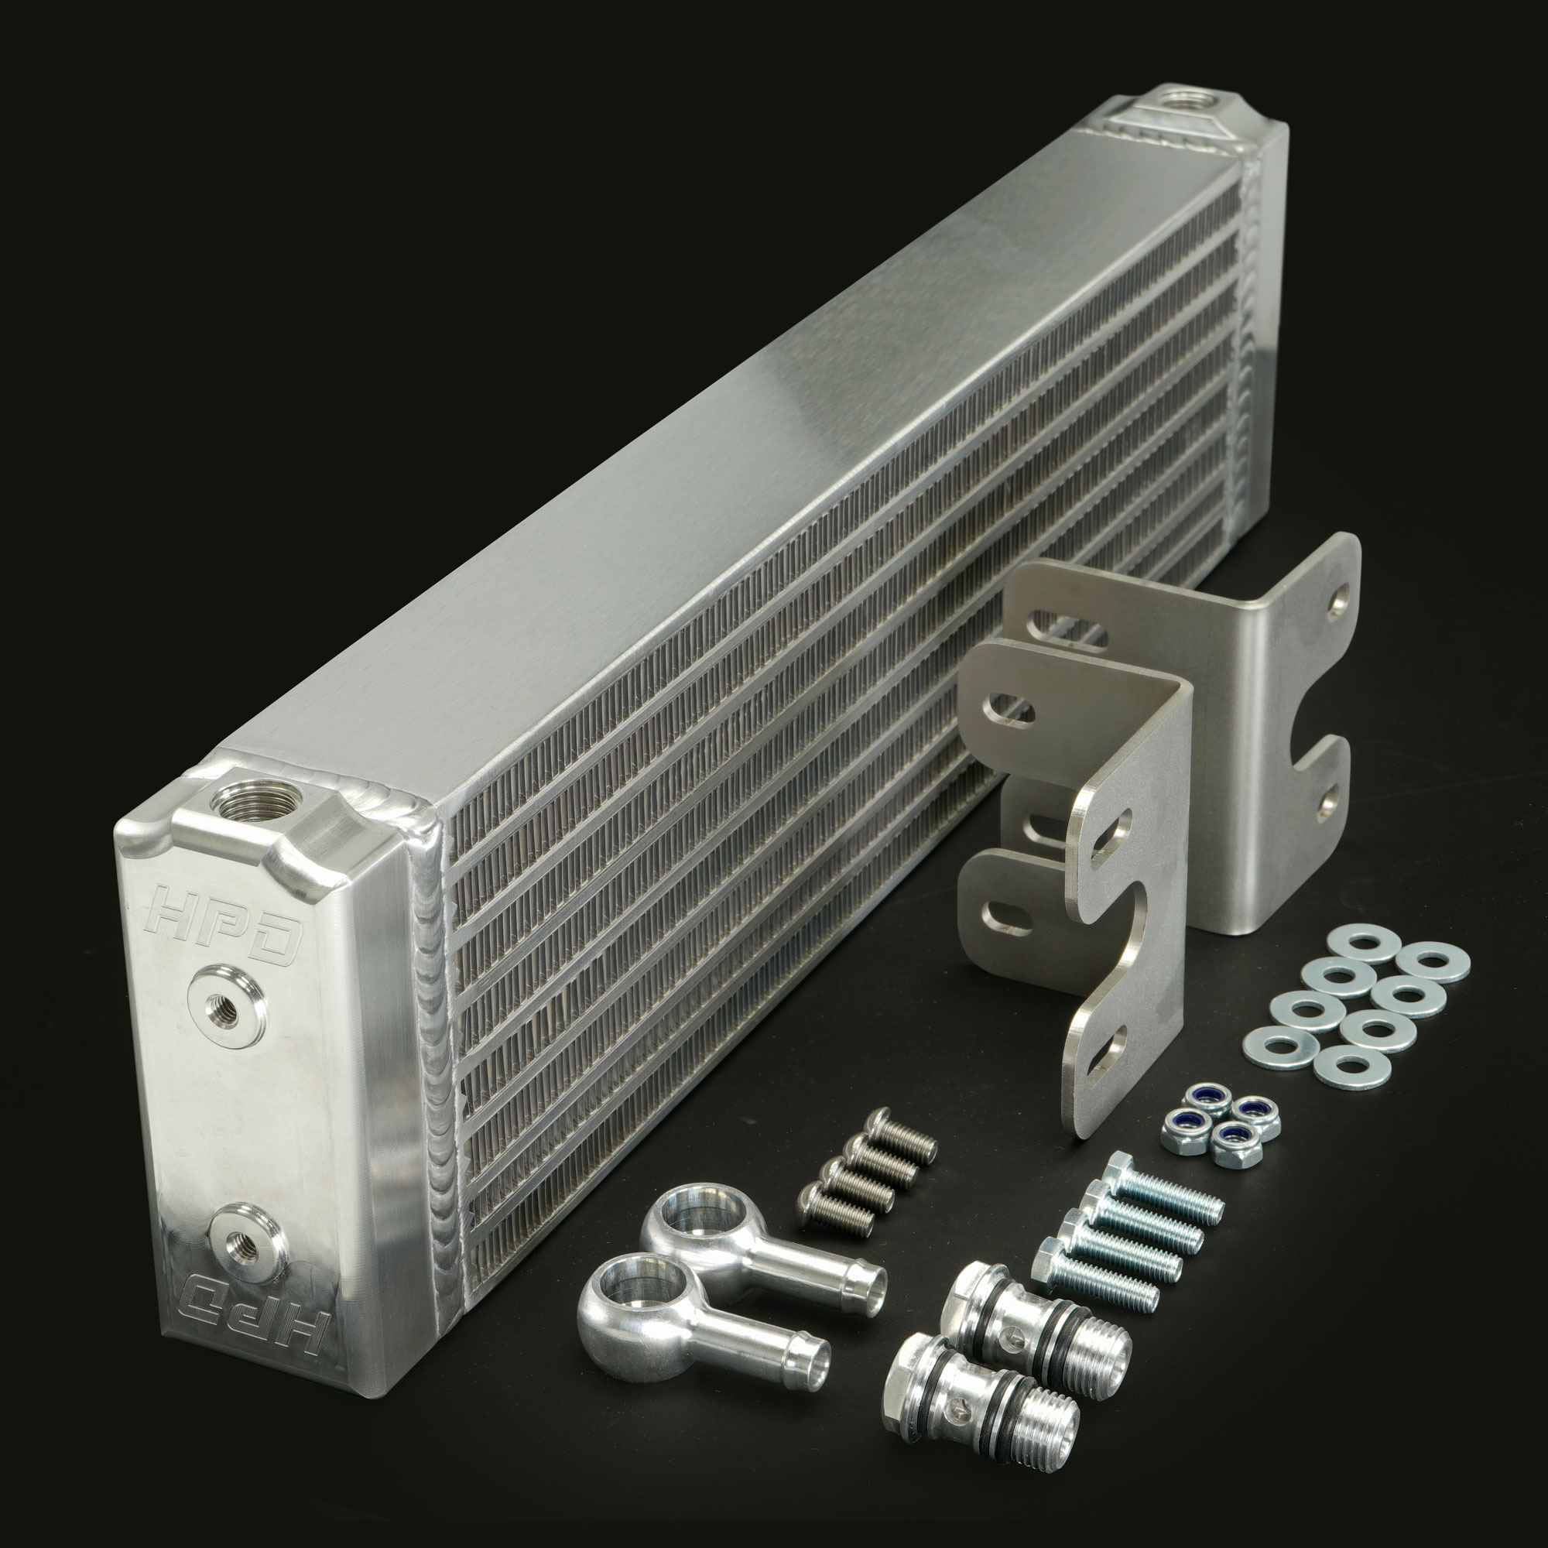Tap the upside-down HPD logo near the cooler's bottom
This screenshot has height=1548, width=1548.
[254, 1313]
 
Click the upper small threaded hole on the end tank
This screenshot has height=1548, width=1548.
[228, 1005]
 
